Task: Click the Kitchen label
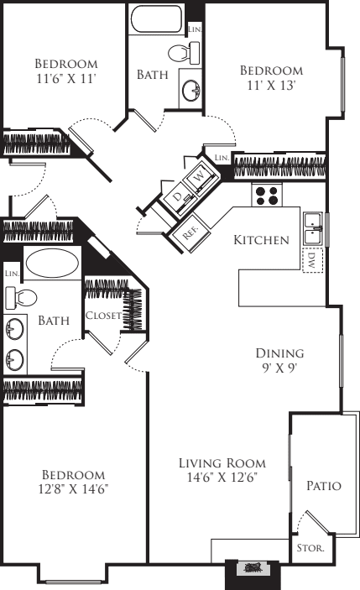[x=261, y=240]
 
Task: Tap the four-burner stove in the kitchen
[x=267, y=195]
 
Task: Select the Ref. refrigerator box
[x=190, y=233]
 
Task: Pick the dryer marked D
[x=179, y=196]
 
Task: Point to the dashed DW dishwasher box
[x=313, y=260]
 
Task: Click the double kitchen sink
[x=313, y=229]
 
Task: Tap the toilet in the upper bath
[x=184, y=53]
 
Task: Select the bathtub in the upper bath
[x=156, y=18]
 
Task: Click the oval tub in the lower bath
[x=52, y=263]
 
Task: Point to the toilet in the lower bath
[x=21, y=298]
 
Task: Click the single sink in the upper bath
[x=191, y=90]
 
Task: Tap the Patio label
[x=324, y=486]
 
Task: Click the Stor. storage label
[x=310, y=548]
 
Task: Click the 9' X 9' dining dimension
[x=280, y=368]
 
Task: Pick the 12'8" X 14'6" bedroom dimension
[x=73, y=488]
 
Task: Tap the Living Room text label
[x=222, y=462]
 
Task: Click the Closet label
[x=103, y=316]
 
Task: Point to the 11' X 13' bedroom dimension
[x=270, y=86]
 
